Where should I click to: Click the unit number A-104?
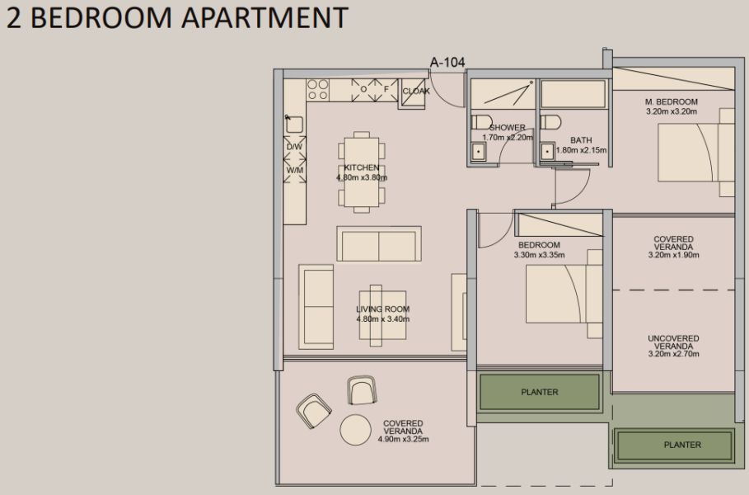click(x=449, y=61)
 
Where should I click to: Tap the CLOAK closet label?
click(x=416, y=92)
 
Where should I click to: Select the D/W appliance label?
click(x=294, y=147)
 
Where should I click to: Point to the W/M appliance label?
click(x=294, y=171)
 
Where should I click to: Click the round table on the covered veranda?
click(x=357, y=429)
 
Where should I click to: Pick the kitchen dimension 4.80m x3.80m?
click(x=362, y=177)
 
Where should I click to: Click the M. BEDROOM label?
click(x=672, y=102)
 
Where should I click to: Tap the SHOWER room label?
click(x=508, y=127)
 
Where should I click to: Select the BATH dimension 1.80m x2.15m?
click(x=581, y=150)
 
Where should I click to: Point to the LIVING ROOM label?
click(x=382, y=309)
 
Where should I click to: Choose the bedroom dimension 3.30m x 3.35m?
click(x=539, y=255)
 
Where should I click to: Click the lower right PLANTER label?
click(x=682, y=445)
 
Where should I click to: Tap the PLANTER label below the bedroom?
click(x=540, y=392)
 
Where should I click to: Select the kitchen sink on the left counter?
click(x=294, y=125)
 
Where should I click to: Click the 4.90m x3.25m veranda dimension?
click(x=403, y=439)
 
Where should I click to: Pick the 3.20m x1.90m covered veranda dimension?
click(x=673, y=256)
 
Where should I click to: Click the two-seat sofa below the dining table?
click(x=379, y=244)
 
